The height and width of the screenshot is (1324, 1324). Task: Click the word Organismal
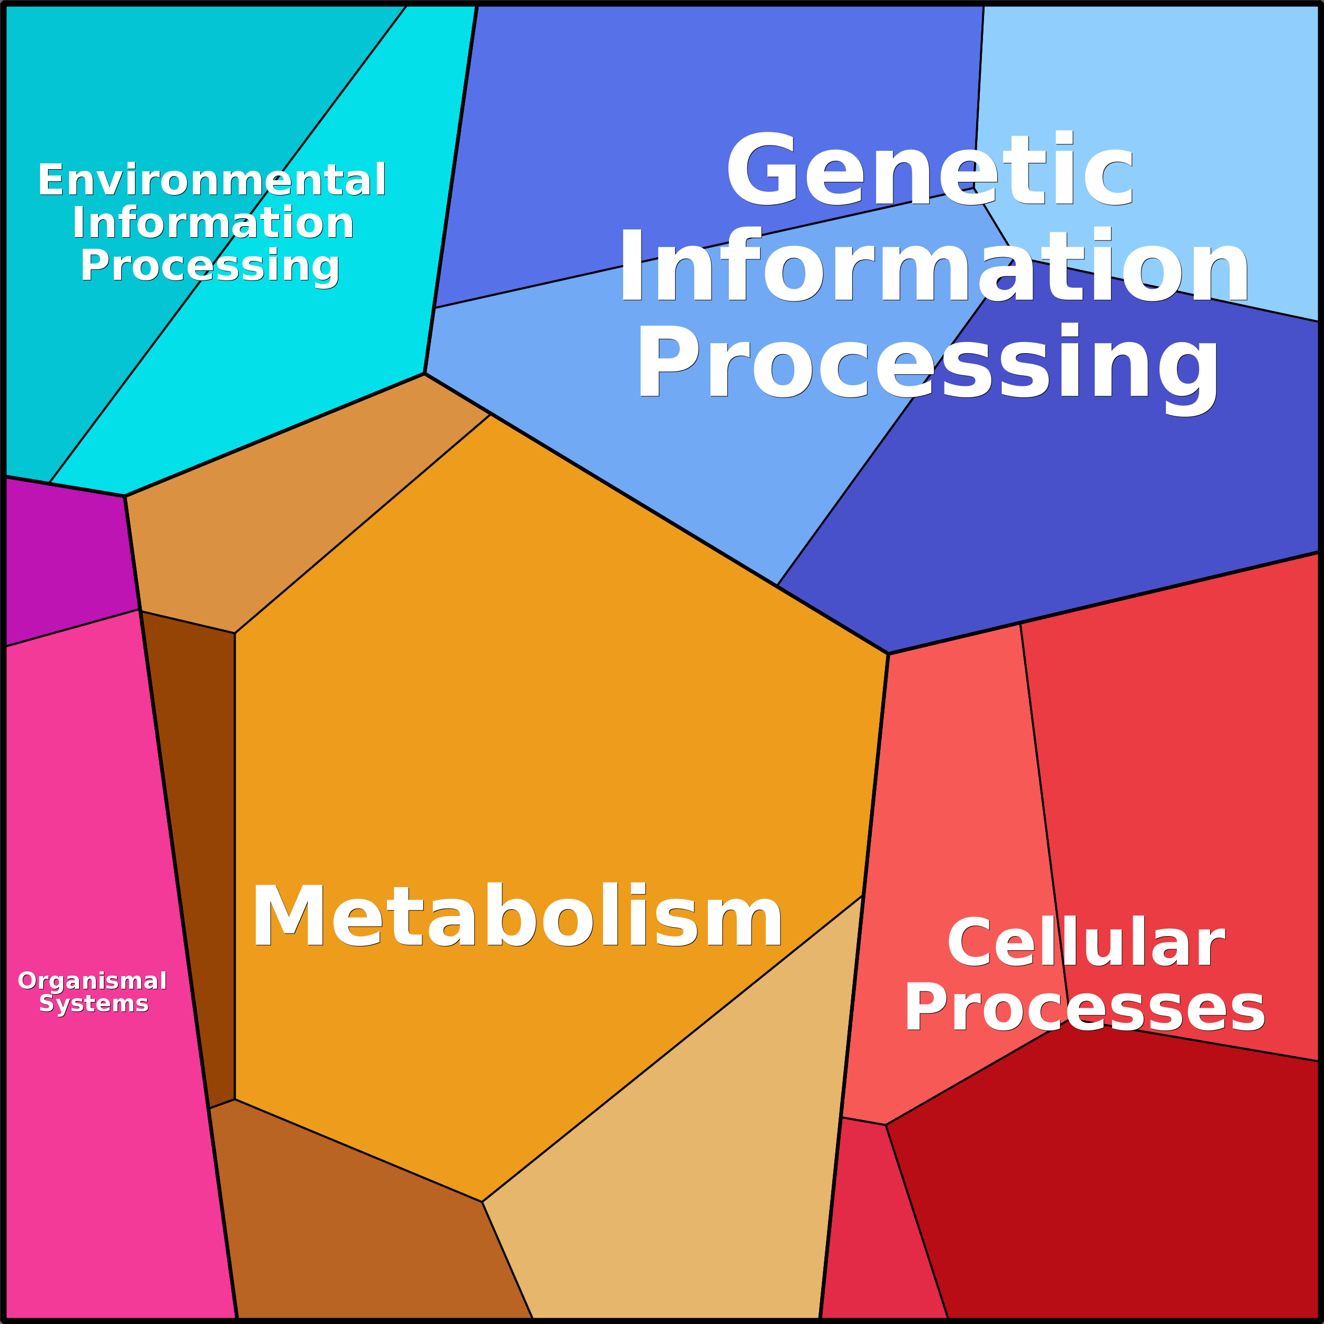[x=93, y=981]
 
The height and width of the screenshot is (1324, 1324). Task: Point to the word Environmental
[x=212, y=180]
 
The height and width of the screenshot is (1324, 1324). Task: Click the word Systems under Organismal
[x=94, y=1004]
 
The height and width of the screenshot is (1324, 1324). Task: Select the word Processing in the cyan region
[x=210, y=266]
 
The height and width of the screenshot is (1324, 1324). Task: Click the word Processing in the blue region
[x=928, y=363]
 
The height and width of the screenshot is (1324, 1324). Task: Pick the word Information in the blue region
[x=933, y=267]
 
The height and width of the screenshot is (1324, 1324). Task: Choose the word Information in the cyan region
[x=213, y=223]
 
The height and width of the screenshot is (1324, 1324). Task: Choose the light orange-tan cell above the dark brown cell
[x=274, y=521]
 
